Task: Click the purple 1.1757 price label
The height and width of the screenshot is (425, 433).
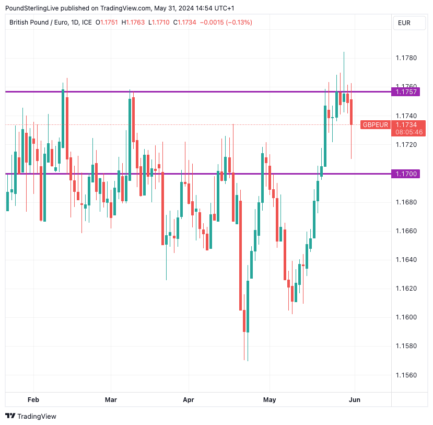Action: tap(406, 91)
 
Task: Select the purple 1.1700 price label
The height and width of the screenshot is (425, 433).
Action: tap(406, 174)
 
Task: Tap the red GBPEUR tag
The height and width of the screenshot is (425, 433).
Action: tap(376, 124)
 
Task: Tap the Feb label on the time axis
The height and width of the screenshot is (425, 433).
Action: tap(33, 400)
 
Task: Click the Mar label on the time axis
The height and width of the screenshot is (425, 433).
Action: tap(111, 400)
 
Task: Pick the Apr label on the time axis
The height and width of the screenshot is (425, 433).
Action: tap(189, 400)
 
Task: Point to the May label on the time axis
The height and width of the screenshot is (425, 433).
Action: tap(270, 400)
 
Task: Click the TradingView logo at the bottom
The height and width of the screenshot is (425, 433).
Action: tap(31, 416)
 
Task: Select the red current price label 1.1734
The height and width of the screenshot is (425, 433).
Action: tap(406, 124)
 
